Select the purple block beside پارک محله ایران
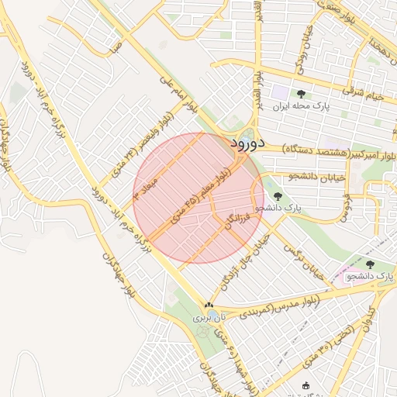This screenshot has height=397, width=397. pos(279,92)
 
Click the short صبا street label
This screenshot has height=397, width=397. pos(116,47)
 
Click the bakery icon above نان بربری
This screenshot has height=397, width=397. pos(208,306)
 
